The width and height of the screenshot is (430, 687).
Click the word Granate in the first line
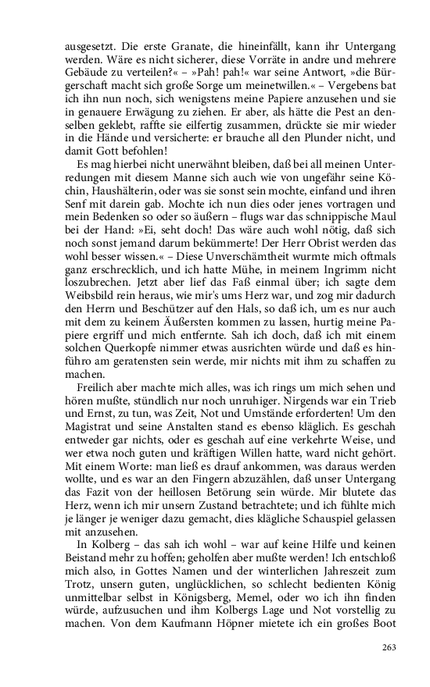tap(167, 48)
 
